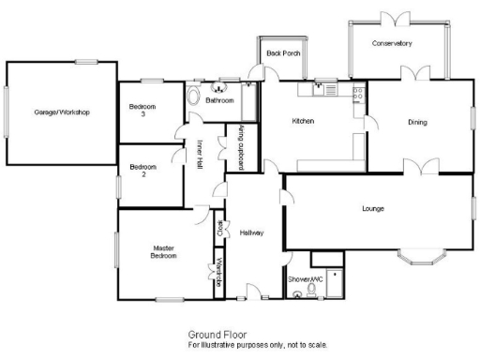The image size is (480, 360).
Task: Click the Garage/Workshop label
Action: point(61,112)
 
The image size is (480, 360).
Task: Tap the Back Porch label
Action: point(280,53)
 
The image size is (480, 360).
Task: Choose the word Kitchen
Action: point(303,122)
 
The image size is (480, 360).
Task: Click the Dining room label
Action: point(418,122)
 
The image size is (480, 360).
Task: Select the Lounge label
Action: point(374,208)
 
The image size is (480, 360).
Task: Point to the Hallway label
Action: point(251,232)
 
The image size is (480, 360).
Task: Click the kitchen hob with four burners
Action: point(357,92)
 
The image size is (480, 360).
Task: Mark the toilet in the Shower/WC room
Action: point(298,292)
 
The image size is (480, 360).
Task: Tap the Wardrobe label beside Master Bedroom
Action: point(218,272)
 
